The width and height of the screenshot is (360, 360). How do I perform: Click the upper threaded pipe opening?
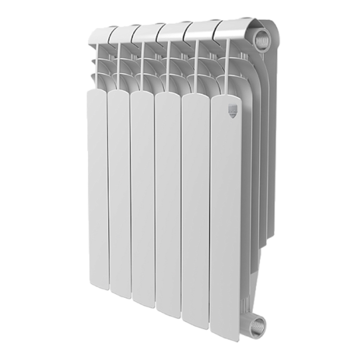[x=261, y=40]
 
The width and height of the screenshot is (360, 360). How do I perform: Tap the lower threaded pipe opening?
[x=257, y=323]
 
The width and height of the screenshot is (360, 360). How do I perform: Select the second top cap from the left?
[x=122, y=33]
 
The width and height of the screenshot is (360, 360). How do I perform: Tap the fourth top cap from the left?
[x=171, y=30]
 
